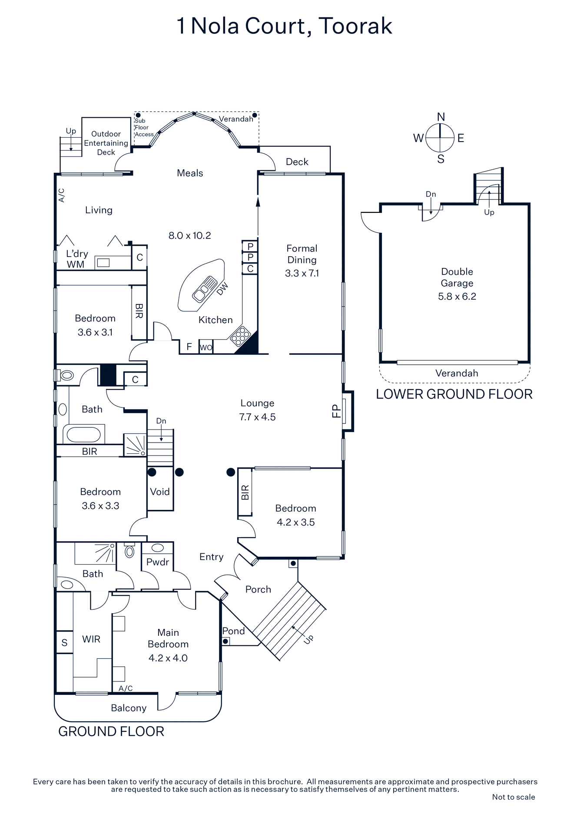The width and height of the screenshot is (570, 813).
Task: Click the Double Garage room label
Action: pyautogui.click(x=457, y=277)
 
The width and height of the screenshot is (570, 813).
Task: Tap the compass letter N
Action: pyautogui.click(x=441, y=117)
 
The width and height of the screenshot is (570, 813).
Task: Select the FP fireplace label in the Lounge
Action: pyautogui.click(x=336, y=411)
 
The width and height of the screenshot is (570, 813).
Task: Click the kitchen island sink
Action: pyautogui.click(x=205, y=289)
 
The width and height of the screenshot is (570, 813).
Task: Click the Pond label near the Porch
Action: pyautogui.click(x=233, y=631)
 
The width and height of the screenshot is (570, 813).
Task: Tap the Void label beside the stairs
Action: pyautogui.click(x=159, y=492)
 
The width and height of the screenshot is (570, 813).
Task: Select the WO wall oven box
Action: pyautogui.click(x=206, y=347)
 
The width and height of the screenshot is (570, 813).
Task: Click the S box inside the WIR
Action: pyautogui.click(x=64, y=642)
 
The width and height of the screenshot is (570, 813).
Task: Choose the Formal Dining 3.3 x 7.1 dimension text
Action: pyautogui.click(x=302, y=273)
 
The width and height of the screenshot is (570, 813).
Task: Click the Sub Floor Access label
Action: pyautogui.click(x=143, y=128)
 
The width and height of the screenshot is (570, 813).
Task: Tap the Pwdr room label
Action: pyautogui.click(x=157, y=562)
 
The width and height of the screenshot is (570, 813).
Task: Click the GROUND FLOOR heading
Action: pyautogui.click(x=111, y=731)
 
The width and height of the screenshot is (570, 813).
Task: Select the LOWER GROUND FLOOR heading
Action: pyautogui.click(x=454, y=394)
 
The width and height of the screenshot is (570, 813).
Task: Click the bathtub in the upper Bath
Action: pyautogui.click(x=82, y=434)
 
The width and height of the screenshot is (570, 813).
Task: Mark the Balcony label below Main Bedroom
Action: pyautogui.click(x=128, y=708)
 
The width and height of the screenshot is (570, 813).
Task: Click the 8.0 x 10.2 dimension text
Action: pyautogui.click(x=189, y=235)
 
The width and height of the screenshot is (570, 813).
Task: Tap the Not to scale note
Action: pyautogui.click(x=513, y=797)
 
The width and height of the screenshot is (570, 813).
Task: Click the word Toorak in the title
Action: pyautogui.click(x=355, y=26)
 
